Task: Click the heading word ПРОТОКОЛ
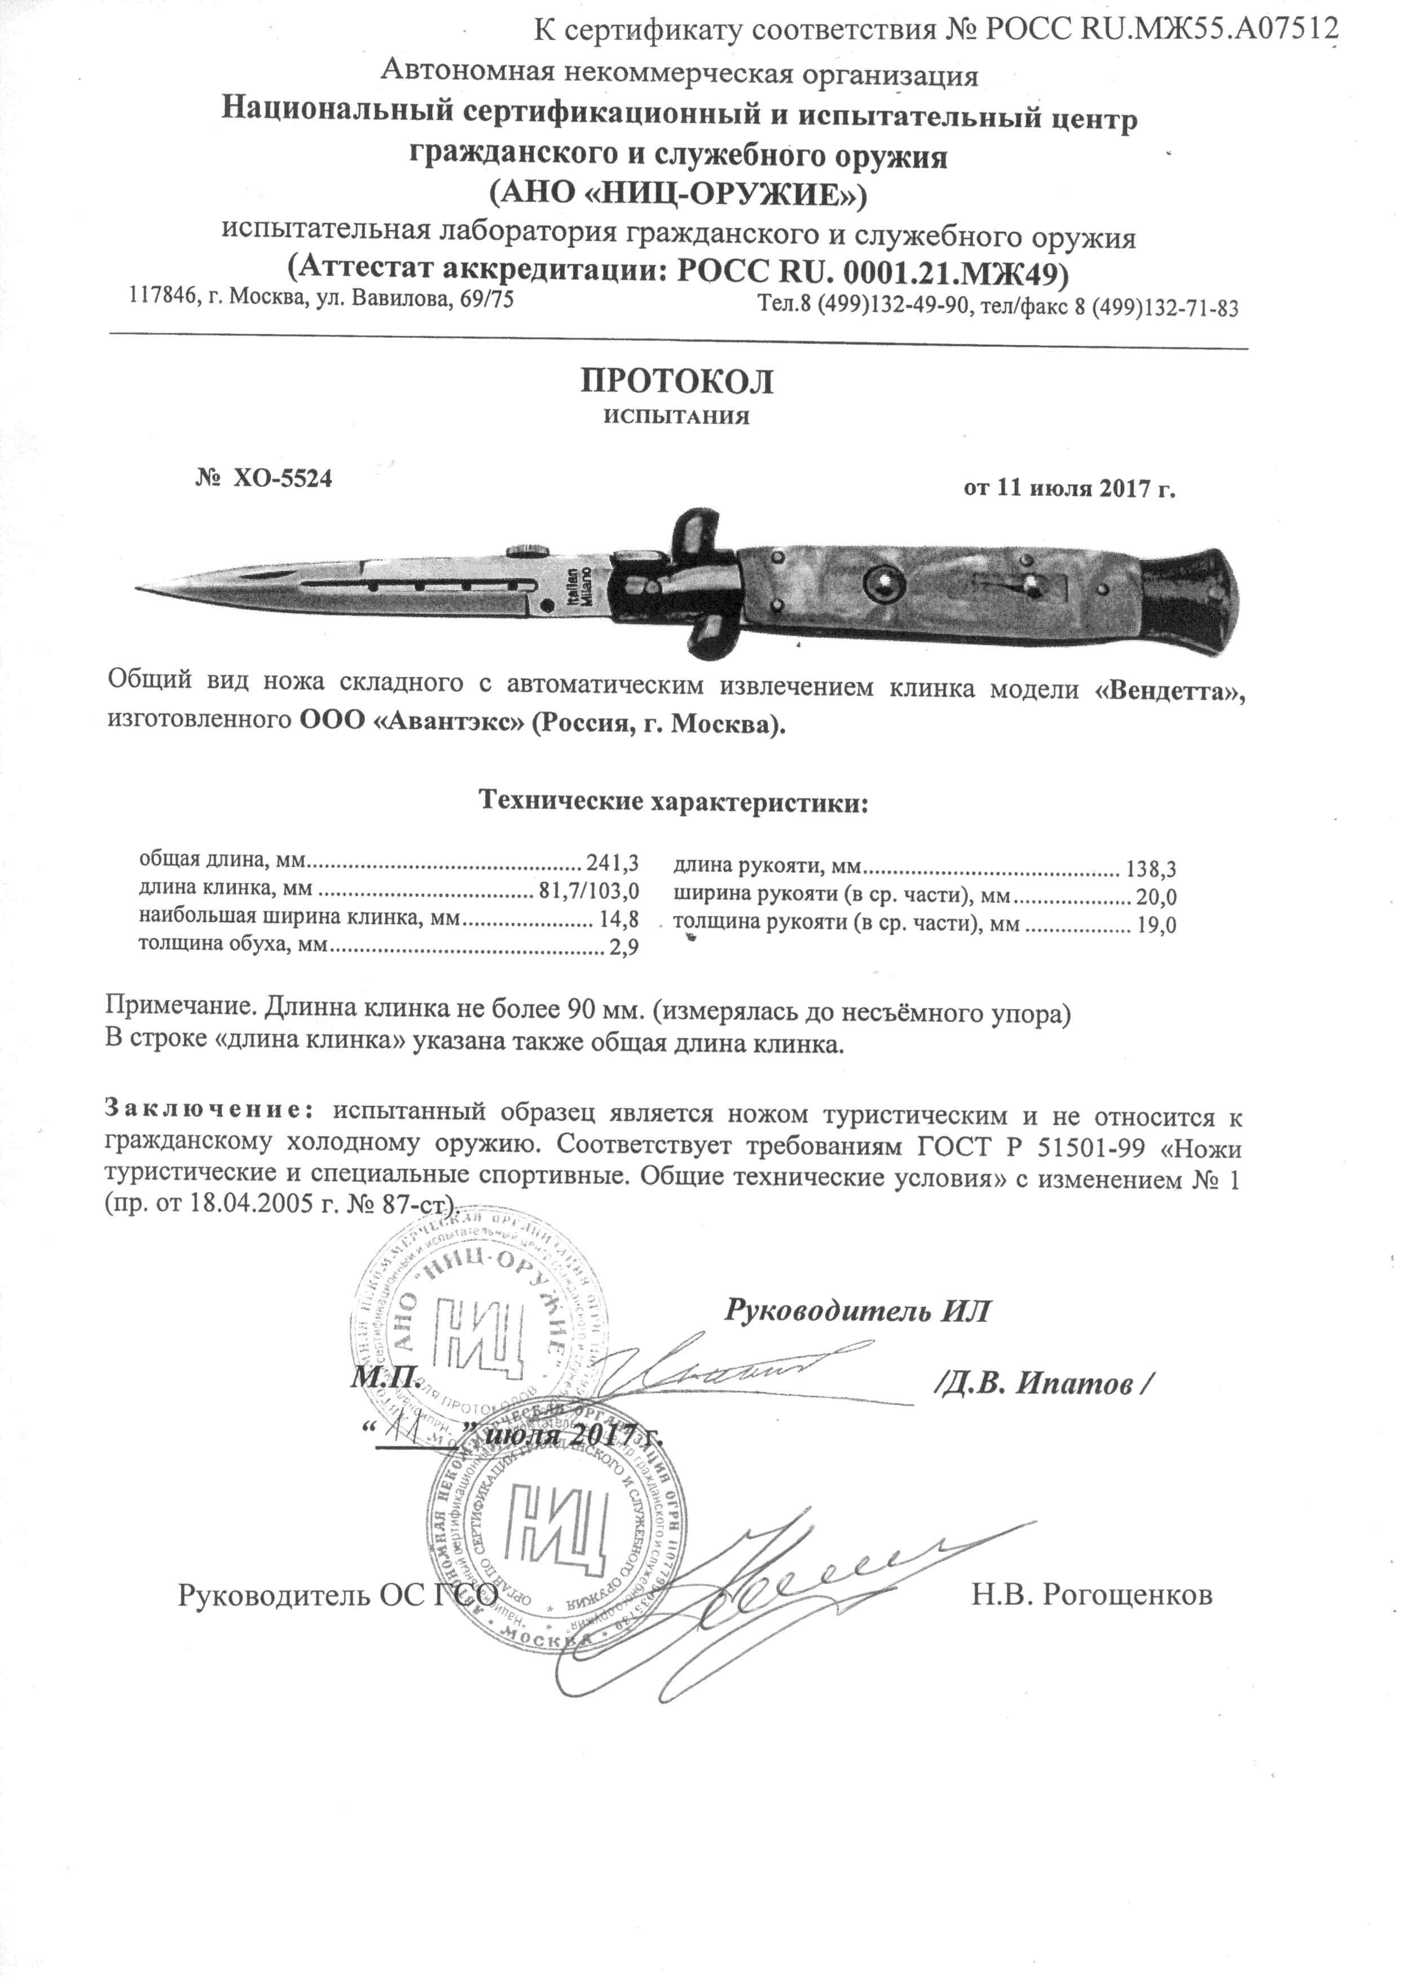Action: [676, 383]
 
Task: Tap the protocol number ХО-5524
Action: [282, 478]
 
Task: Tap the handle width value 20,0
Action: [1156, 898]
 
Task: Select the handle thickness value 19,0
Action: [1156, 925]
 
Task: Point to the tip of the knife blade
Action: [139, 590]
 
